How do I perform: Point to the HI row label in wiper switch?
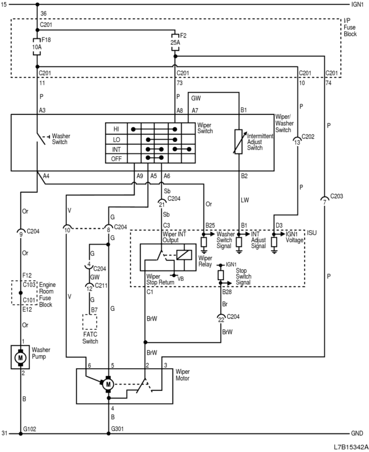point(116,129)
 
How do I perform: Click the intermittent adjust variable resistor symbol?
point(239,141)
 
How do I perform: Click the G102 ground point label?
point(30,429)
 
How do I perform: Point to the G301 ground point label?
point(118,429)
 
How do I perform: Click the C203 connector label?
point(335,196)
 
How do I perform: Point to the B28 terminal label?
point(227,291)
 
